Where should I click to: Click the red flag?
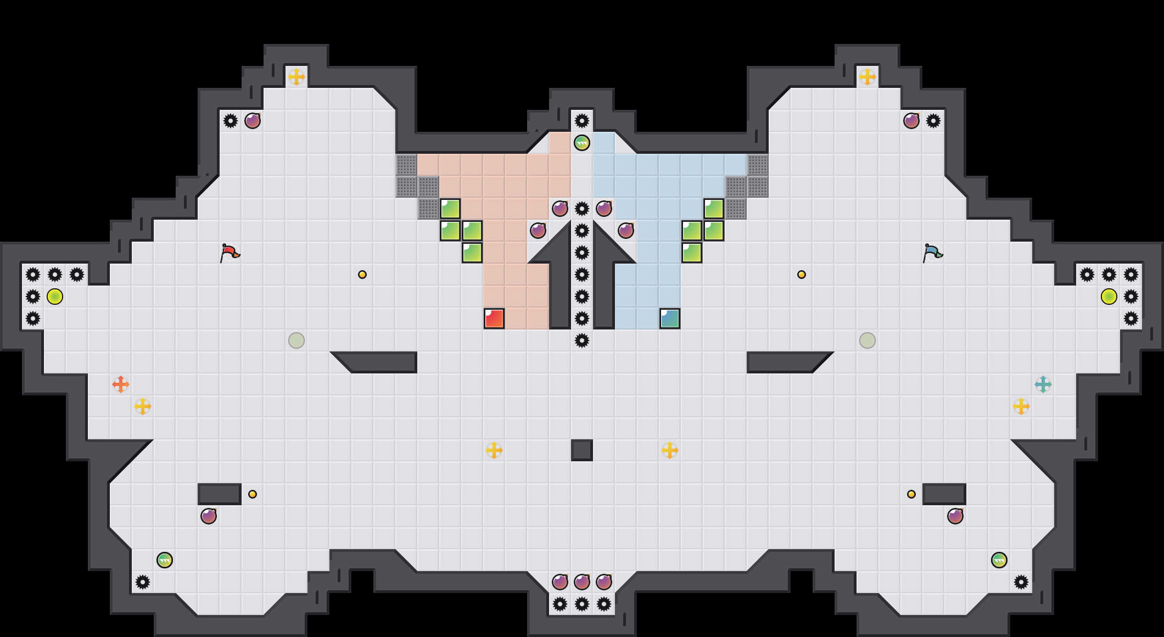(x=230, y=253)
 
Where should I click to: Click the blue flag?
(x=932, y=253)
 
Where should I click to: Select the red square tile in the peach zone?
(x=494, y=318)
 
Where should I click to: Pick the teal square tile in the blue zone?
(x=670, y=318)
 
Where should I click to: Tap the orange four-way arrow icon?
(x=121, y=384)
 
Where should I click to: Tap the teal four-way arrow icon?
(x=1043, y=384)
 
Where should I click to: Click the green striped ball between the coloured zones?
(x=582, y=143)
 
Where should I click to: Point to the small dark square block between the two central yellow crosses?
(x=582, y=450)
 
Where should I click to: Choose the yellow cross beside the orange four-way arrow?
(x=143, y=406)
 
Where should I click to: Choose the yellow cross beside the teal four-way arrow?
(x=1021, y=406)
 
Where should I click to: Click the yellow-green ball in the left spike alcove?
(x=55, y=297)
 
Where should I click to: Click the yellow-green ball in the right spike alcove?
(x=1109, y=297)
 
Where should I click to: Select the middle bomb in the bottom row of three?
(x=582, y=582)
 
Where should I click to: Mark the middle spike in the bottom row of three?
(x=582, y=604)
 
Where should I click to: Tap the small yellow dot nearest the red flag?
(x=362, y=275)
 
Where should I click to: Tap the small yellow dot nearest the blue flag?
(x=802, y=275)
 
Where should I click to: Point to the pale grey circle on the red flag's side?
(x=296, y=340)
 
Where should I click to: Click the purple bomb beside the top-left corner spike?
(x=253, y=121)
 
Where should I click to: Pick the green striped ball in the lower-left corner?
(x=165, y=560)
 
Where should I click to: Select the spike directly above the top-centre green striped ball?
(x=582, y=121)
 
